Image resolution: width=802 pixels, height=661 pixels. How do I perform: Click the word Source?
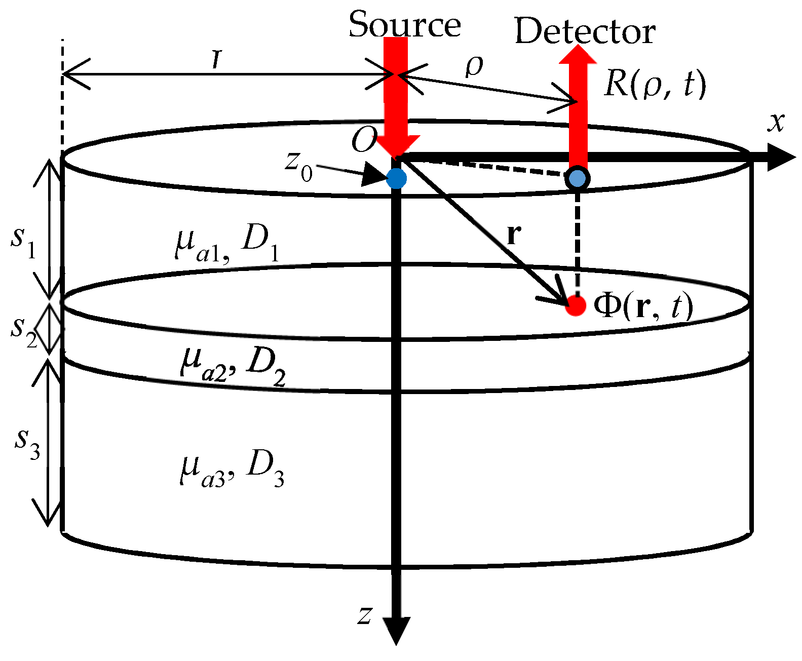404,24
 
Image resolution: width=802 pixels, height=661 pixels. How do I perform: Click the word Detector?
585,31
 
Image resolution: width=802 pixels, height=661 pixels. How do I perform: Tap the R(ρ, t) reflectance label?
655,84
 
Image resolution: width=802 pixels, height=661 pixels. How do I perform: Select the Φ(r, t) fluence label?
642,306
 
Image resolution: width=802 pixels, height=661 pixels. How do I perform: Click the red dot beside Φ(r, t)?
576,305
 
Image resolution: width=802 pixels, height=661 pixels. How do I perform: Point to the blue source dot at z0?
396,178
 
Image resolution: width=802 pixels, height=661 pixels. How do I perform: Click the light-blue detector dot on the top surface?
577,178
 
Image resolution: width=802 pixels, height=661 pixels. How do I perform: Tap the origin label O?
364,140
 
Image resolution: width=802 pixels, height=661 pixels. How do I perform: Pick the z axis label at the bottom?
365,615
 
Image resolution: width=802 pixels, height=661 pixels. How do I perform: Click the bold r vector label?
514,234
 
